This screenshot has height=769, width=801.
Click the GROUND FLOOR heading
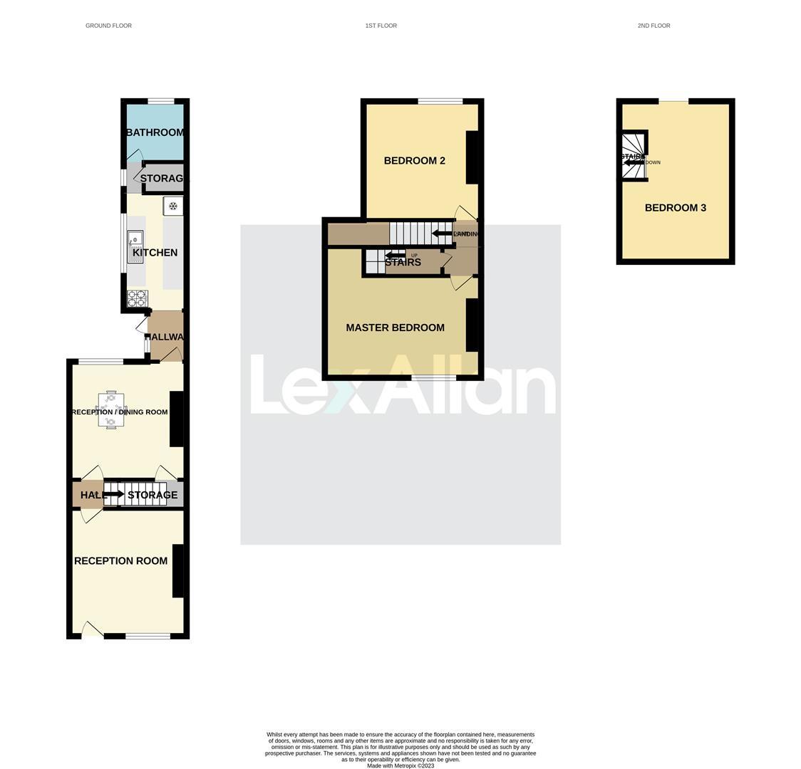pos(108,26)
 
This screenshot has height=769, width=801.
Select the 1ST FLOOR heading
pos(381,26)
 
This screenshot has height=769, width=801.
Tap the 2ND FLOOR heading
pos(653,26)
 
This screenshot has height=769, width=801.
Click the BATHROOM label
pos(155,132)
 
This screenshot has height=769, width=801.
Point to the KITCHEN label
pos(155,253)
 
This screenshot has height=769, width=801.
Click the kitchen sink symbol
pos(135,246)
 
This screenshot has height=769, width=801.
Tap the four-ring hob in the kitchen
pos(137,298)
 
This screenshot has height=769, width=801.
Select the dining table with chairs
pos(110,411)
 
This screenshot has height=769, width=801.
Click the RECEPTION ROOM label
pos(121,561)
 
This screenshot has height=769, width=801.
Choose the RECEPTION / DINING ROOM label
pos(120,412)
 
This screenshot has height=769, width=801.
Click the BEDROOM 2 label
pos(414,161)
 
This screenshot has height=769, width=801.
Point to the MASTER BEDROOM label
pos(395,328)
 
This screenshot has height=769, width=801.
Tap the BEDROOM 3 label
pos(675,208)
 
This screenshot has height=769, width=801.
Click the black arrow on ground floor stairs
pos(114,494)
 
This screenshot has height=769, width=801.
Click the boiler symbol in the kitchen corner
pos(172,206)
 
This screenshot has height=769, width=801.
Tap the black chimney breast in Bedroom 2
pos(472,157)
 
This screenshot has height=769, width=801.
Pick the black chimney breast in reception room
pos(177,570)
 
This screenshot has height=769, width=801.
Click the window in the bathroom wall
pos(161,101)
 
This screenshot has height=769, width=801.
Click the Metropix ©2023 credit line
pos(400,765)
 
